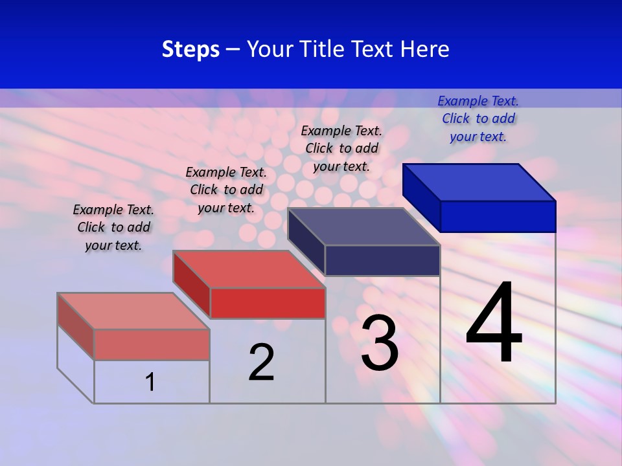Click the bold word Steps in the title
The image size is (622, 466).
pyautogui.click(x=190, y=49)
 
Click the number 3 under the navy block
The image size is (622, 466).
pyautogui.click(x=380, y=343)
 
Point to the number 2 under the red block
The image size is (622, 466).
pyautogui.click(x=262, y=362)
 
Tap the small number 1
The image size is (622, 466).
pyautogui.click(x=150, y=382)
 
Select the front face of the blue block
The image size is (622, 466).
pyautogui.click(x=498, y=216)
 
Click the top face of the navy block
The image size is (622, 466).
pyautogui.click(x=364, y=226)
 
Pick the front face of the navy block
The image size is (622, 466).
pyautogui.click(x=382, y=260)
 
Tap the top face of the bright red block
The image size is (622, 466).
pyautogui.click(x=249, y=269)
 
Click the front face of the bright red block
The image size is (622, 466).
pyautogui.click(x=268, y=303)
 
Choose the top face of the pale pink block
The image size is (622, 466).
pyautogui.click(x=133, y=311)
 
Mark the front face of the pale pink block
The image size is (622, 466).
pyautogui.click(x=152, y=344)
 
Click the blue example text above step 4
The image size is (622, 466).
pyautogui.click(x=478, y=118)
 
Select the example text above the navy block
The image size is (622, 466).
pyautogui.click(x=341, y=148)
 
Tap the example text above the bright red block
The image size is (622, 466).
pyautogui.click(x=226, y=190)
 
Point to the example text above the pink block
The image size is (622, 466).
pyautogui.click(x=113, y=227)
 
